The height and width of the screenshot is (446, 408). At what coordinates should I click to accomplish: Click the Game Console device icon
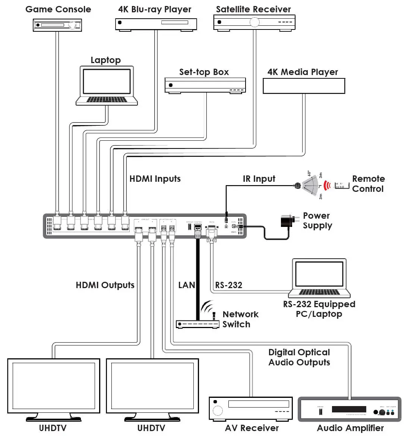tap(57, 25)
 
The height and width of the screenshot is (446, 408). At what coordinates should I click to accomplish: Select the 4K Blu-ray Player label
tap(155, 9)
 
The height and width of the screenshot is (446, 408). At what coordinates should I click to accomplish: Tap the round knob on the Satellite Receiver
tap(254, 22)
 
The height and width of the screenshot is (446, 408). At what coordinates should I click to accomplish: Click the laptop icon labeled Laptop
tap(107, 86)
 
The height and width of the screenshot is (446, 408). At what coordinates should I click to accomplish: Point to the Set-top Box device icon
tap(205, 85)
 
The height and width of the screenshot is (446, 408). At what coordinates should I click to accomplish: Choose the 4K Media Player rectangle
tap(304, 86)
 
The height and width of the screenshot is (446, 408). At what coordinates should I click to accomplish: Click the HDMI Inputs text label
tap(155, 179)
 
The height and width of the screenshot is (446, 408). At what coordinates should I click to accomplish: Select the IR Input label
tap(259, 179)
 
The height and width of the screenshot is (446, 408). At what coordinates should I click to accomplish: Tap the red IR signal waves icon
tap(327, 185)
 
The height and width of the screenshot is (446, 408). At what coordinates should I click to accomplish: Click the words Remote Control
tap(368, 184)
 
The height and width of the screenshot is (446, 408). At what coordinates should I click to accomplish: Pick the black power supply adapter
tap(288, 221)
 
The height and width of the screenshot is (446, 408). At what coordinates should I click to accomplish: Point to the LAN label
tap(186, 285)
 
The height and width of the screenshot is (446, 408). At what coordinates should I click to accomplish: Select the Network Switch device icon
tap(197, 324)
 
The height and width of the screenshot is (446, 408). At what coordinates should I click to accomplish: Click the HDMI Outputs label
tap(105, 285)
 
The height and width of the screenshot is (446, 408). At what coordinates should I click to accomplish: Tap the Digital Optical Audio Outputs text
tap(299, 357)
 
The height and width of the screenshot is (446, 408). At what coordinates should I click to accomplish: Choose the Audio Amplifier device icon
tap(349, 409)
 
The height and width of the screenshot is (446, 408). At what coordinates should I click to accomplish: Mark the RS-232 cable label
tap(229, 285)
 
